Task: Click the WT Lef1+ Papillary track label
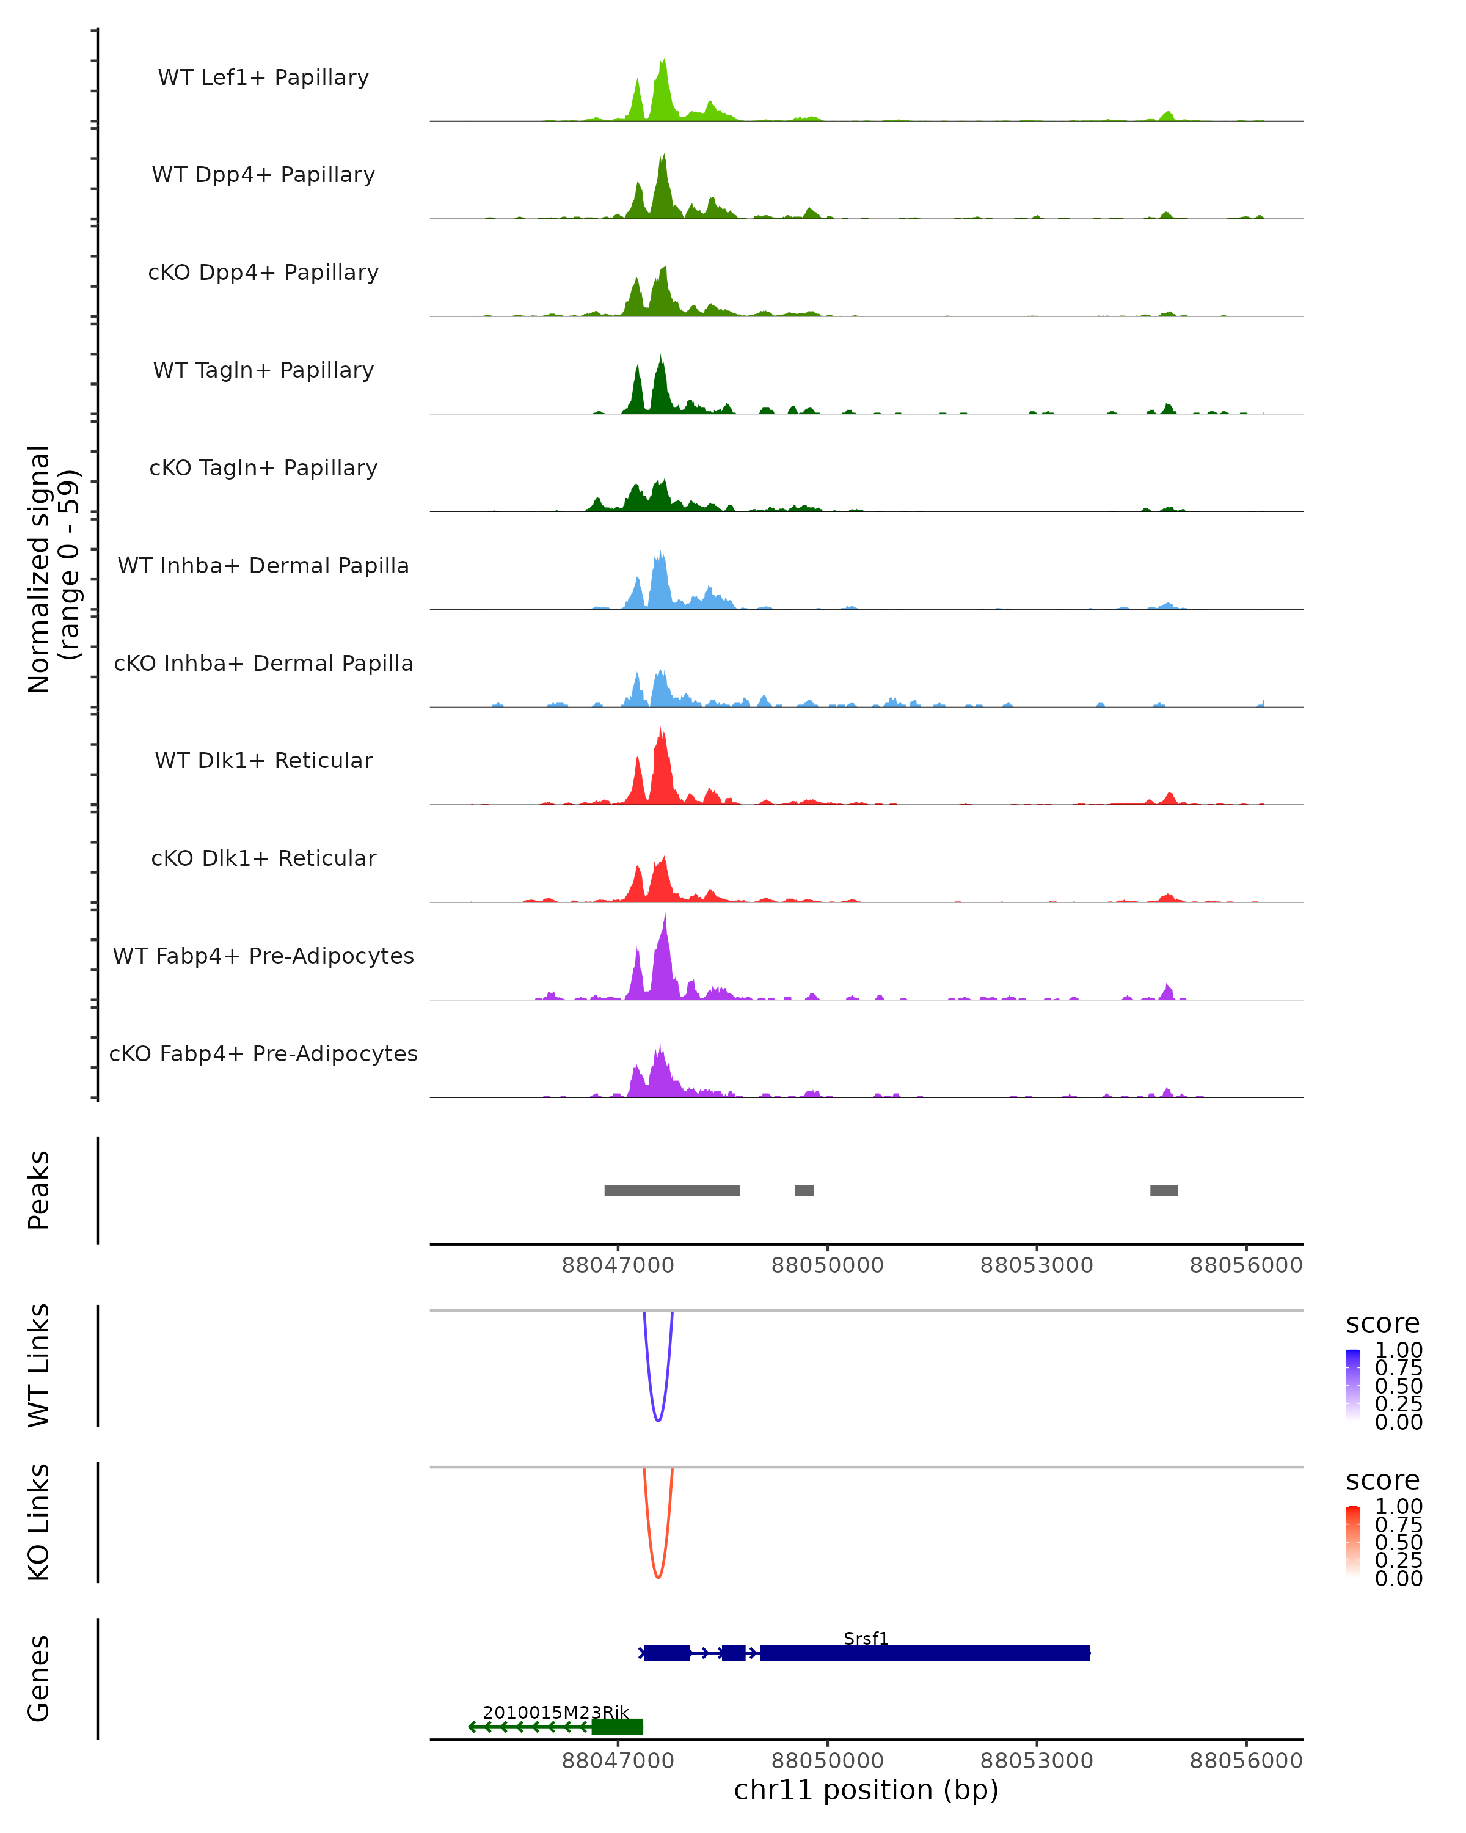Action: tap(263, 78)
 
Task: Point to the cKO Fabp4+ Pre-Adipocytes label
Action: tap(263, 1053)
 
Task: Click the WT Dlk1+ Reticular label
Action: tap(263, 761)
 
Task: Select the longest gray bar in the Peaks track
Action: tap(673, 1190)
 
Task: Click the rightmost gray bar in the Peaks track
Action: tap(1164, 1190)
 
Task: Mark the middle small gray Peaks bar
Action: tap(804, 1190)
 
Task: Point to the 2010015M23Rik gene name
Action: tap(556, 1712)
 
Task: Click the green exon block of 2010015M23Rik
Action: tap(618, 1727)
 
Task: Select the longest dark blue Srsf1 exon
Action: tap(925, 1653)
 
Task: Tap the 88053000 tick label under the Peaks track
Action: tap(1036, 1265)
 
